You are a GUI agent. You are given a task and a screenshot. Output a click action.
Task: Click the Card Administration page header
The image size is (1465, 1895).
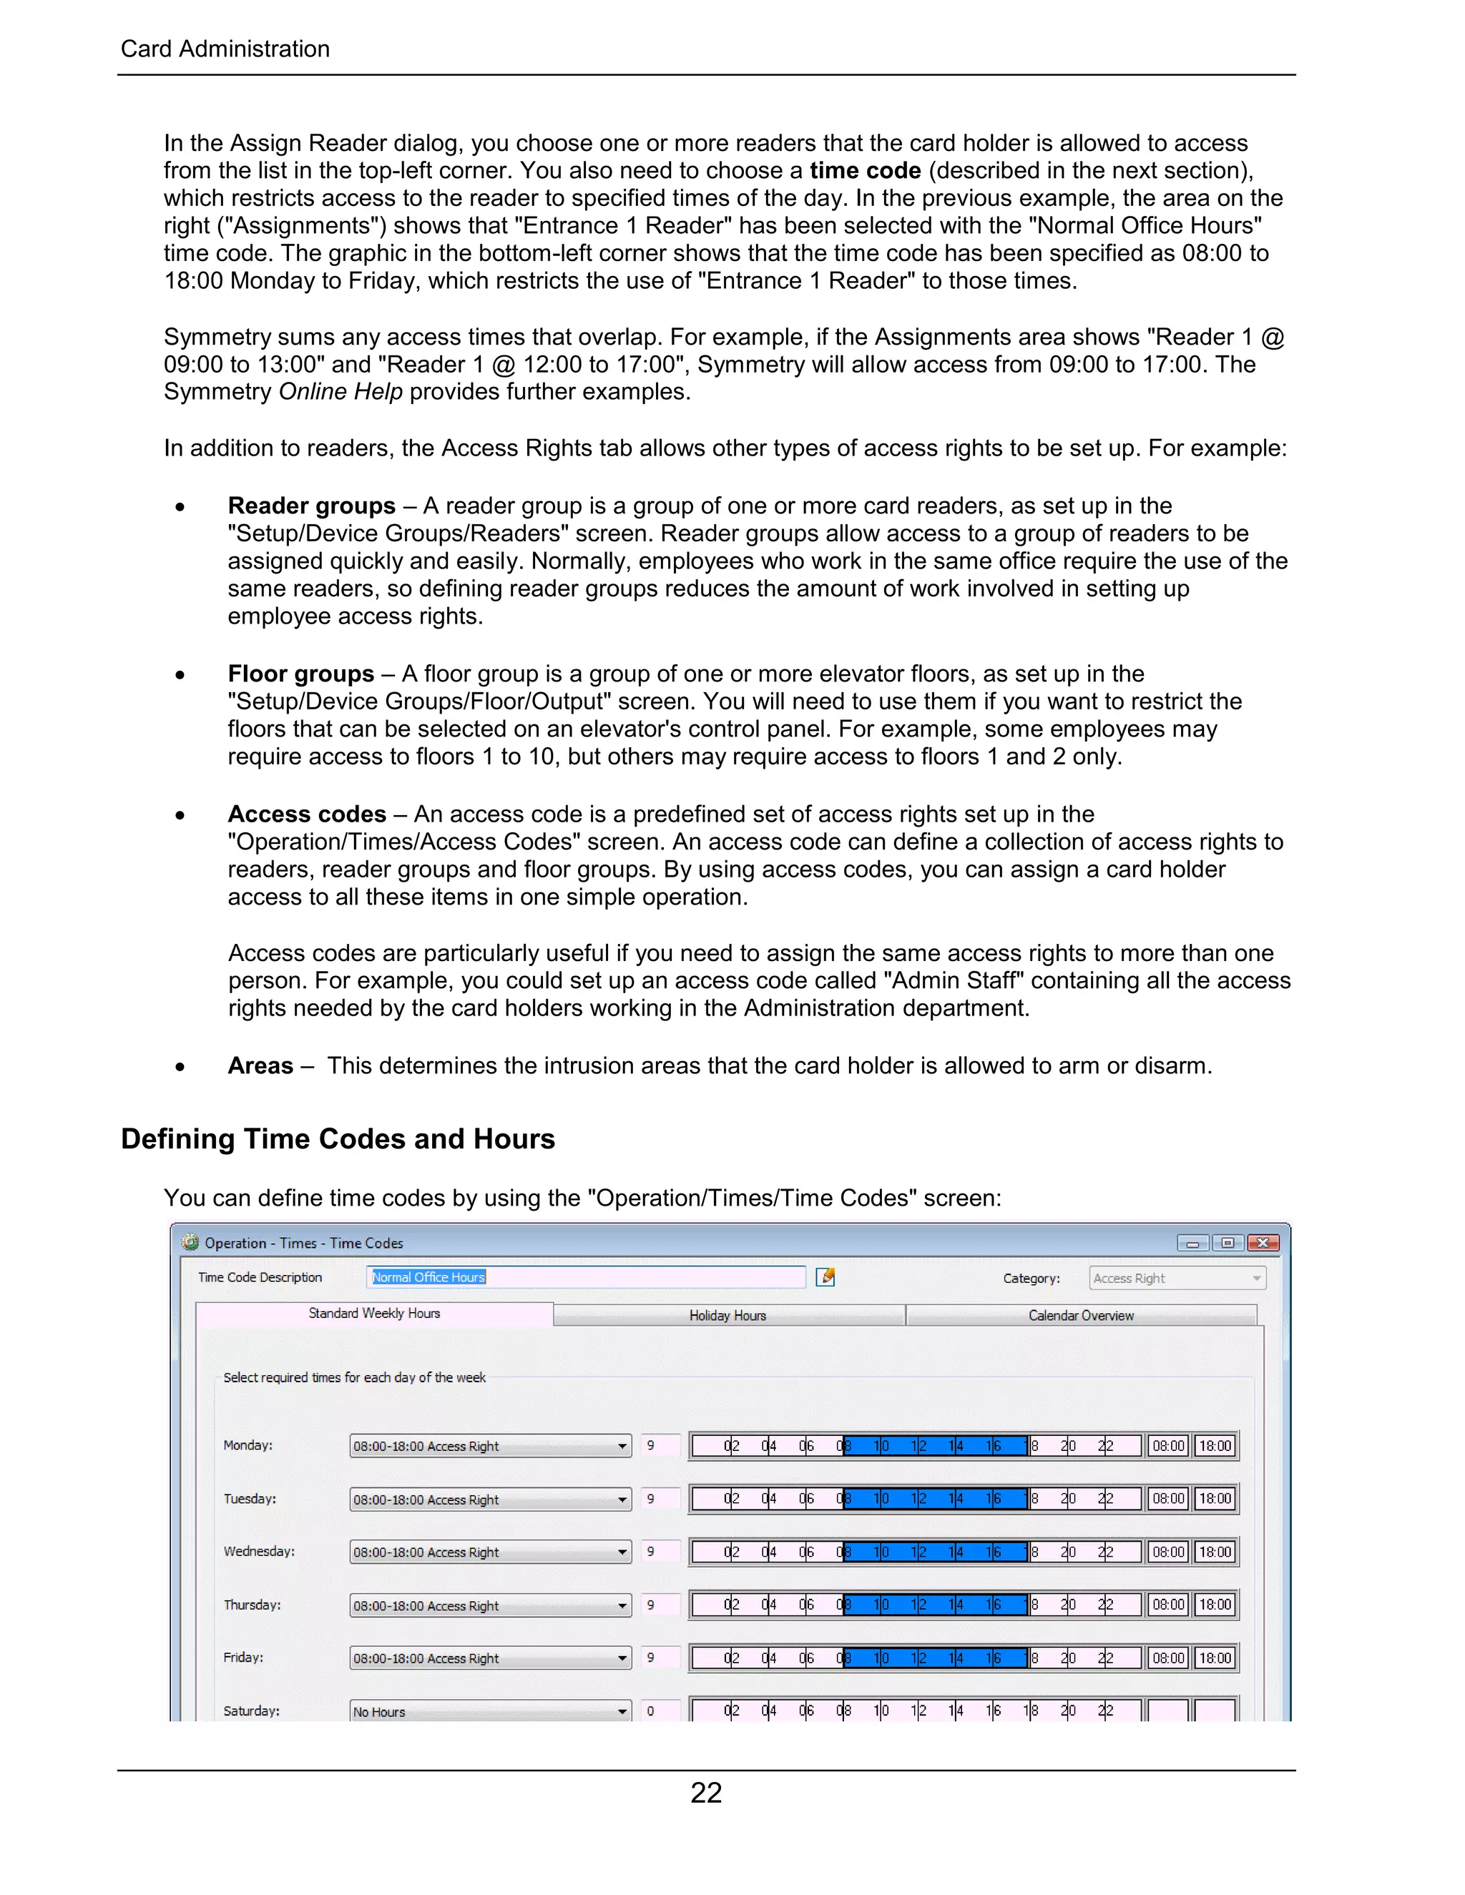(225, 49)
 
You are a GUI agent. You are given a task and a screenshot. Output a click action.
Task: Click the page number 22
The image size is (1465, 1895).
(705, 1793)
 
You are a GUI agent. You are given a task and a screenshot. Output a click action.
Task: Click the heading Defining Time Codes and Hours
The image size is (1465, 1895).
(338, 1138)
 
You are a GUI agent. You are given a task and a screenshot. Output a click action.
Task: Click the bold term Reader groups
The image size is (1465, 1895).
(312, 505)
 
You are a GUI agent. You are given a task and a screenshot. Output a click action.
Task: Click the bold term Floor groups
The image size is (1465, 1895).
(300, 674)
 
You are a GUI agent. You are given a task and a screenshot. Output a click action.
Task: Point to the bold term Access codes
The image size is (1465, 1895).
(306, 814)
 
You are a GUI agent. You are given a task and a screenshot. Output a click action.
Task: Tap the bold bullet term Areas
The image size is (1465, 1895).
(260, 1065)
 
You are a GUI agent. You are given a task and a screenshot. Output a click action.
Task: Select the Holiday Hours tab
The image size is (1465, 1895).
(728, 1315)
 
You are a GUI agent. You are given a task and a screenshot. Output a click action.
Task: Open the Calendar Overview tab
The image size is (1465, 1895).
(1081, 1315)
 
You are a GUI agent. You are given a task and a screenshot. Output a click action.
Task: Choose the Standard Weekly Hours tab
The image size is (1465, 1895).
(374, 1314)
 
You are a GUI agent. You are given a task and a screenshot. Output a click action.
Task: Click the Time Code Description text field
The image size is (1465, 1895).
(586, 1277)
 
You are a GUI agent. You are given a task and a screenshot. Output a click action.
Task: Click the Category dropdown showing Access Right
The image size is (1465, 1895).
(1177, 1278)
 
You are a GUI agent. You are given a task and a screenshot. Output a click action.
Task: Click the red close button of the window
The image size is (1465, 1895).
(1263, 1243)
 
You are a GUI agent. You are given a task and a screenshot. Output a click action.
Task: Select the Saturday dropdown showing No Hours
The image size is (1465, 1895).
(489, 1712)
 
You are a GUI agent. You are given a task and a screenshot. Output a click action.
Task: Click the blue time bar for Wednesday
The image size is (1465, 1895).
(936, 1552)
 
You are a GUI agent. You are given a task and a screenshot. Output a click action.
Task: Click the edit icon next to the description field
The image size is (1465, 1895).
(825, 1277)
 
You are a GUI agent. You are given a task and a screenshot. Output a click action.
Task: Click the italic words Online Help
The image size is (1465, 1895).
(340, 391)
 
